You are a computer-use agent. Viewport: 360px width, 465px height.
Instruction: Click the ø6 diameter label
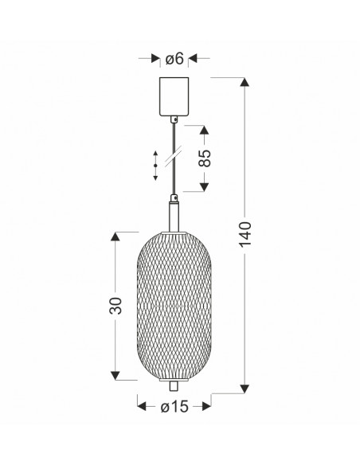point(174,58)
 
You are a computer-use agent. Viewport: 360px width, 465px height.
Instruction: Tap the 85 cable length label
point(205,158)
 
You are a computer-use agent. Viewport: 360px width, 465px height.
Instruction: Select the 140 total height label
point(245,234)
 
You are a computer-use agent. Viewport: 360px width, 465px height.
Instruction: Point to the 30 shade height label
point(115,306)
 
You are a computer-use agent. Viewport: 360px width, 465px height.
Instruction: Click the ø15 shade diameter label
point(174,406)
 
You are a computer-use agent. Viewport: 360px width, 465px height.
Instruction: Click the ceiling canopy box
point(174,96)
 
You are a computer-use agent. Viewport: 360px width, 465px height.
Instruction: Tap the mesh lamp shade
point(174,306)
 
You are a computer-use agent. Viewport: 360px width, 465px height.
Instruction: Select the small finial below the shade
point(174,386)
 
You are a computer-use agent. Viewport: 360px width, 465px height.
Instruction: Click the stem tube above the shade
point(174,217)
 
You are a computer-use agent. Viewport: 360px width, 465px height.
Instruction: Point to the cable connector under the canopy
point(174,119)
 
